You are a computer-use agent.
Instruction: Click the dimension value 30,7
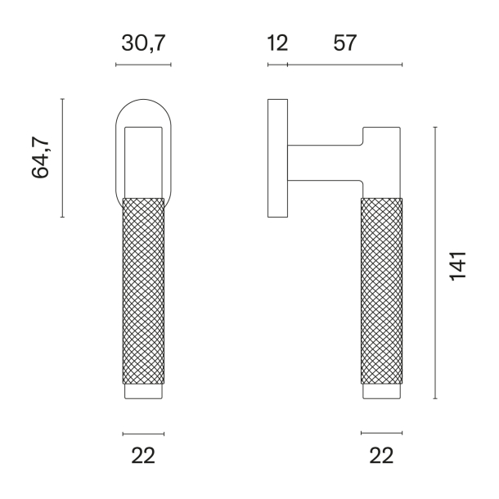click(143, 43)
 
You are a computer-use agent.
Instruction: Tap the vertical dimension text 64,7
click(42, 158)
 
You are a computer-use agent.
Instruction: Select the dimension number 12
click(277, 43)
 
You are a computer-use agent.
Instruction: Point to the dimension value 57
click(345, 43)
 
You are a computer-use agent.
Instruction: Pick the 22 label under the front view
click(143, 455)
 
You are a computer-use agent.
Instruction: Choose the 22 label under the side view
click(382, 455)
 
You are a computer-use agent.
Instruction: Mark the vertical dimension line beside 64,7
click(62, 158)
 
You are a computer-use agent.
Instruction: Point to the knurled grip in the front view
click(143, 290)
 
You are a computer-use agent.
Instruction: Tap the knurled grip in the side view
click(382, 290)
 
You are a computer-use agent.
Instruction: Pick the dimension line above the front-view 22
click(143, 433)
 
